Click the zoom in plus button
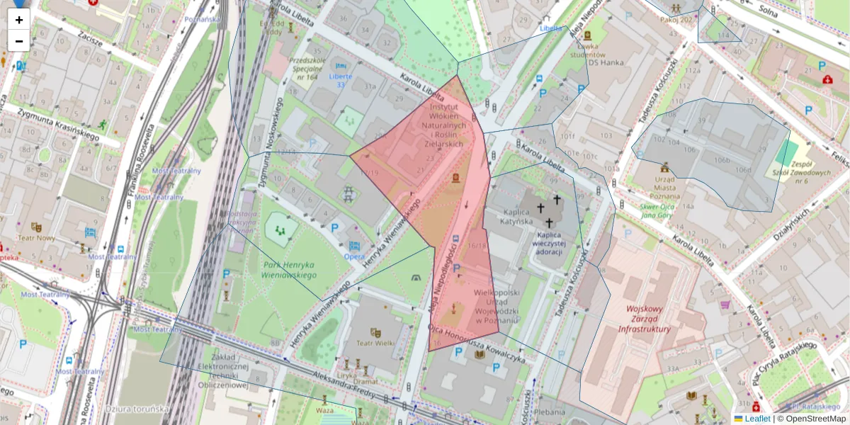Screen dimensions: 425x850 coord(19,20)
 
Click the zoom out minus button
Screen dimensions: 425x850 coord(19,41)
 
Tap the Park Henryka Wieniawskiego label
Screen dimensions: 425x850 coord(289,270)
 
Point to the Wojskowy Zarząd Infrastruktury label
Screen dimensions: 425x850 coord(644,319)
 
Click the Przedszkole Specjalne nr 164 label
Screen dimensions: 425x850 coord(307,69)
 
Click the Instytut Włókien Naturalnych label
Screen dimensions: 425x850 coord(454,124)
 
